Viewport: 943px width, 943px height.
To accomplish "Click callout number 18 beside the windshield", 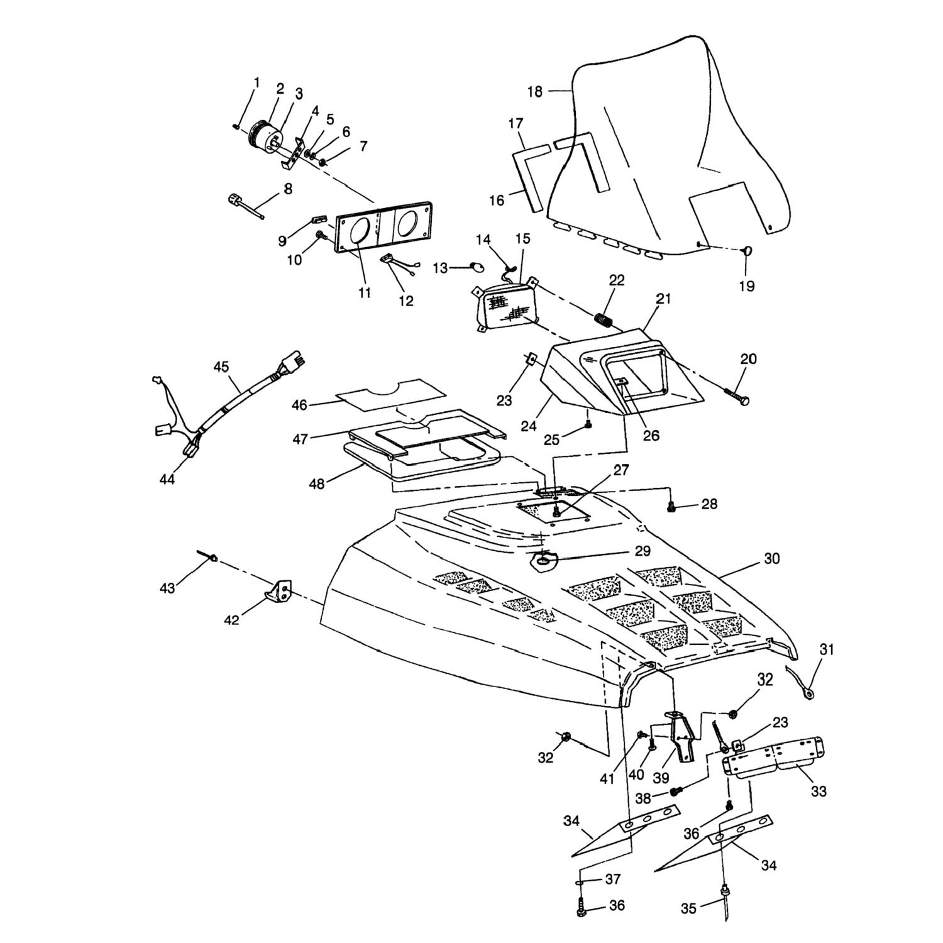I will pos(534,92).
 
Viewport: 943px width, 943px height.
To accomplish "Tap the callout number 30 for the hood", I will pos(771,558).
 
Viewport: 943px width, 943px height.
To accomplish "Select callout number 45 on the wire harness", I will pos(221,367).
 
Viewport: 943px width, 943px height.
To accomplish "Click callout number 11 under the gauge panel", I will pos(365,292).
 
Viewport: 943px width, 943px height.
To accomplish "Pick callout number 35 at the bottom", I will pos(689,908).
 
